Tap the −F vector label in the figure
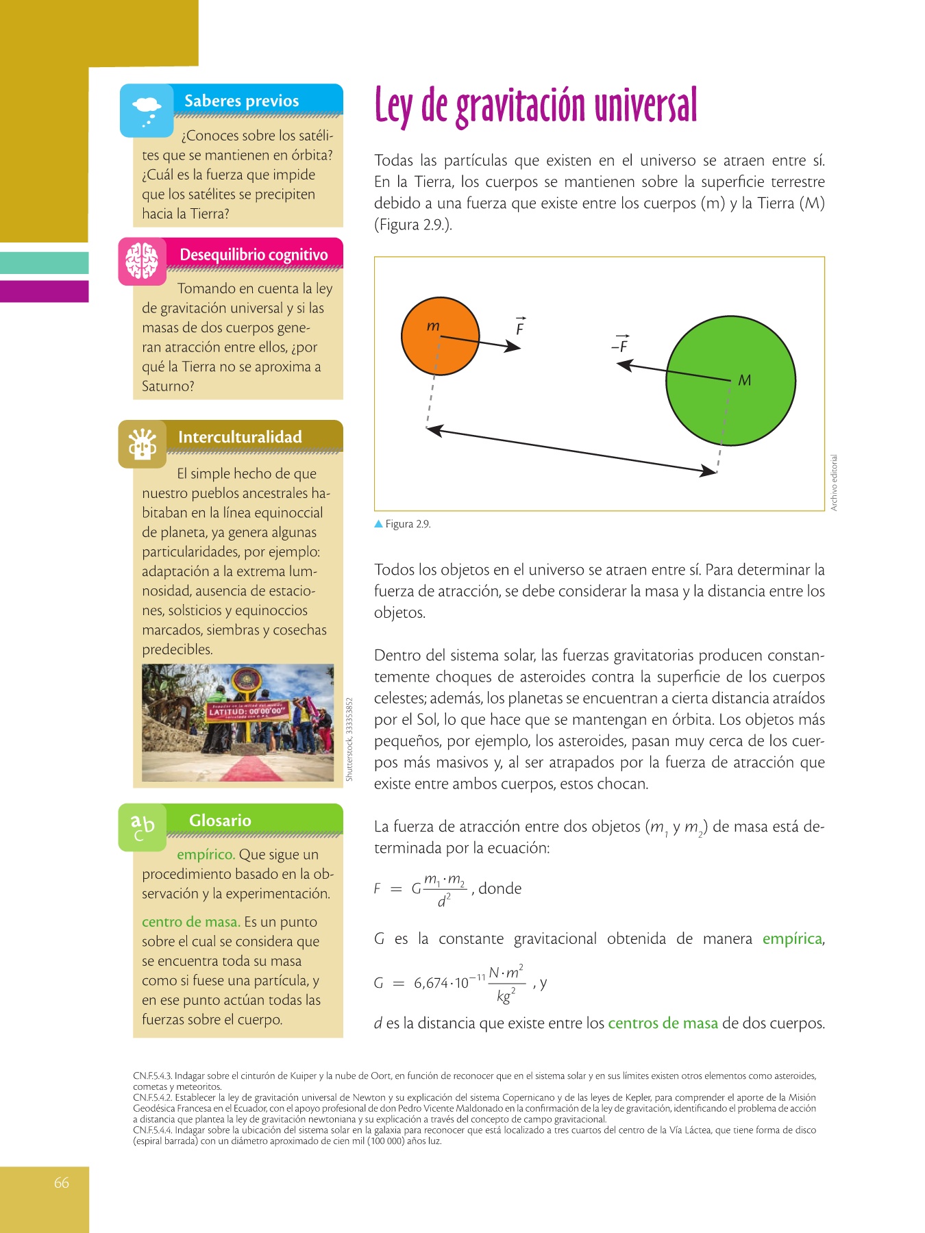[x=620, y=345]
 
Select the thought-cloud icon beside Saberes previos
[x=147, y=110]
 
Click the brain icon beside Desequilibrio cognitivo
[x=143, y=261]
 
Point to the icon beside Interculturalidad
[x=143, y=444]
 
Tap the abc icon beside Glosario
[x=143, y=827]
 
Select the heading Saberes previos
[x=241, y=101]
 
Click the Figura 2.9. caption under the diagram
[x=407, y=524]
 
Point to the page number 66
[x=62, y=1183]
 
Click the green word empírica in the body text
[x=792, y=938]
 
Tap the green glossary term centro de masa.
[x=190, y=922]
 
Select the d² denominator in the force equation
[x=444, y=901]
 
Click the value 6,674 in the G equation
[x=431, y=983]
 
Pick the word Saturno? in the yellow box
[x=168, y=386]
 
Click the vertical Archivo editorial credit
[x=834, y=482]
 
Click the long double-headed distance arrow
[x=571, y=450]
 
